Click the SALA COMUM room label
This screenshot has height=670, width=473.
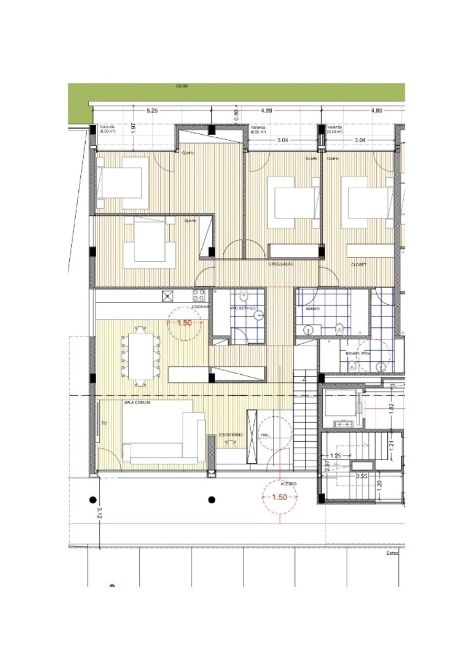click(137, 402)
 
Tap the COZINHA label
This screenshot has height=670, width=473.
click(201, 306)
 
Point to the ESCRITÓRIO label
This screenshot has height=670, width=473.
click(231, 435)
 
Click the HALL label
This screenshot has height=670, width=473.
click(265, 435)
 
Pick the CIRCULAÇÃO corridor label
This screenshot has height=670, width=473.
click(281, 264)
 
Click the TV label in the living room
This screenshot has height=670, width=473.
click(103, 422)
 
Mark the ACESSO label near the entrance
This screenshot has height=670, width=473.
click(289, 483)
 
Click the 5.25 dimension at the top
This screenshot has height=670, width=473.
click(152, 111)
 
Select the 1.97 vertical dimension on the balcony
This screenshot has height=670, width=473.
click(134, 128)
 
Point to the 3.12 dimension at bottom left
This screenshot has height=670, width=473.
click(99, 513)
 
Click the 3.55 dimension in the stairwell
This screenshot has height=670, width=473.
click(361, 476)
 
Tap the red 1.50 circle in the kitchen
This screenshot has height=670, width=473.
click(184, 323)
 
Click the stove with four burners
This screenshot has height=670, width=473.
click(199, 295)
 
